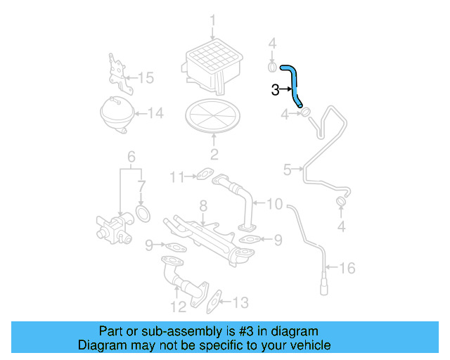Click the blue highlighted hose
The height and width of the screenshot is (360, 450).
[293, 84]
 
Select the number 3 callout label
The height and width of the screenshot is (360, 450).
[276, 89]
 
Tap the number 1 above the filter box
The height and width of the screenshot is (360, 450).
[212, 21]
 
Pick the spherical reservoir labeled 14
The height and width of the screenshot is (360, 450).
[117, 112]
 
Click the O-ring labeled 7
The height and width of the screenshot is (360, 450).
[143, 213]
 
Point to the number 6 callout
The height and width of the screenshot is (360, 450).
[130, 156]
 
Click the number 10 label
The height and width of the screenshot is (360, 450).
[274, 205]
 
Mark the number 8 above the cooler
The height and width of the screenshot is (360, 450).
[202, 206]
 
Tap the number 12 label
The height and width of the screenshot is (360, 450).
[177, 307]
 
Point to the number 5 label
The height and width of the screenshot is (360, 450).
[287, 169]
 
